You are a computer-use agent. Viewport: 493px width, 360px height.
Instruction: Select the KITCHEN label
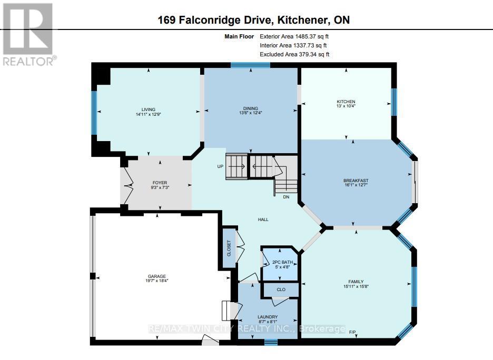(346, 102)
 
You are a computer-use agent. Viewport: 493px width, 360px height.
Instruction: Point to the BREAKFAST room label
(356, 181)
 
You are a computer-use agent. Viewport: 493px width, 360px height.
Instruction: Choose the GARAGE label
(156, 276)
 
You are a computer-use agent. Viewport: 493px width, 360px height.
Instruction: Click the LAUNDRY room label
(267, 317)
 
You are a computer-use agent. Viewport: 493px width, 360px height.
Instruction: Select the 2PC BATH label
(279, 262)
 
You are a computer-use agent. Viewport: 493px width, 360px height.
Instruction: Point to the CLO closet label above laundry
(281, 289)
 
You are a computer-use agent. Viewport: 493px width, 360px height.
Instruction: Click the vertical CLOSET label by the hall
(229, 248)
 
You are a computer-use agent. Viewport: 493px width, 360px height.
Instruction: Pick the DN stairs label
(286, 197)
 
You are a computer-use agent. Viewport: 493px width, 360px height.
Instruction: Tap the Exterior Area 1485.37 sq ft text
(294, 36)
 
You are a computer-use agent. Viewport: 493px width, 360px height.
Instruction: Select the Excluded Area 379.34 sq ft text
(294, 54)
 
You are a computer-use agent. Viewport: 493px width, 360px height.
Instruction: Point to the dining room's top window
(250, 65)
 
